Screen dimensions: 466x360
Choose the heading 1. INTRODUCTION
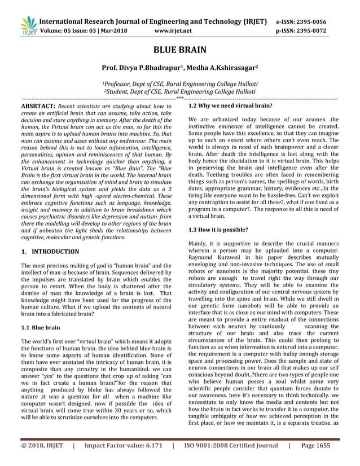pyautogui.click(x=50, y=251)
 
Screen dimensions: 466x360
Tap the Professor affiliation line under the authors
pyautogui.click(x=179, y=82)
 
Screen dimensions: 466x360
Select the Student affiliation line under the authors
pyautogui.click(x=179, y=90)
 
